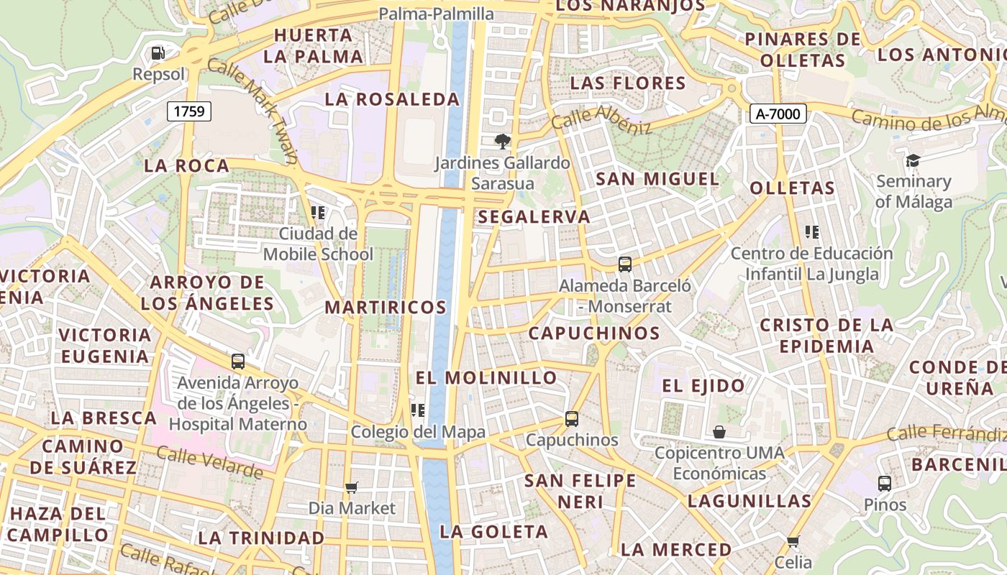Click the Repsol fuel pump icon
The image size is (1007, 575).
[x=158, y=52]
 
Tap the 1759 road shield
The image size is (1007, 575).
[x=190, y=111]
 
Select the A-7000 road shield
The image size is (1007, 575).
[x=778, y=113]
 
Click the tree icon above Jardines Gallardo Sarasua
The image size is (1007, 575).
[x=502, y=141]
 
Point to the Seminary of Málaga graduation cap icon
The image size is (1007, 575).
[x=913, y=160]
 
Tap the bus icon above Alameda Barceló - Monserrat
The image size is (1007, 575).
[x=624, y=264]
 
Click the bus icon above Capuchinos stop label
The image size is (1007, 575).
[x=572, y=418]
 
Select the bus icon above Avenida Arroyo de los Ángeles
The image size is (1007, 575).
[x=238, y=361]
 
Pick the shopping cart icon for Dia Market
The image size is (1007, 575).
[x=352, y=487]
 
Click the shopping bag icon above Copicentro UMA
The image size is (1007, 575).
[x=719, y=431]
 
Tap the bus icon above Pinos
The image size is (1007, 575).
[x=885, y=483]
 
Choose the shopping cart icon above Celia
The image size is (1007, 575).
[x=793, y=540]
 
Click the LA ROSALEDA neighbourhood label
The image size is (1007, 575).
[x=391, y=99]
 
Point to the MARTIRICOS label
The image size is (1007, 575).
[x=386, y=307]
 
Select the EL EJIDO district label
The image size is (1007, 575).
[x=703, y=386]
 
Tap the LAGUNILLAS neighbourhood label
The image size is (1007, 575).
[x=749, y=500]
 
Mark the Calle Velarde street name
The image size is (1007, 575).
[x=209, y=462]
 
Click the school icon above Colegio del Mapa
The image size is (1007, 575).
[x=417, y=410]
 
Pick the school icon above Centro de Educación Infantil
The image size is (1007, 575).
[x=812, y=231]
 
